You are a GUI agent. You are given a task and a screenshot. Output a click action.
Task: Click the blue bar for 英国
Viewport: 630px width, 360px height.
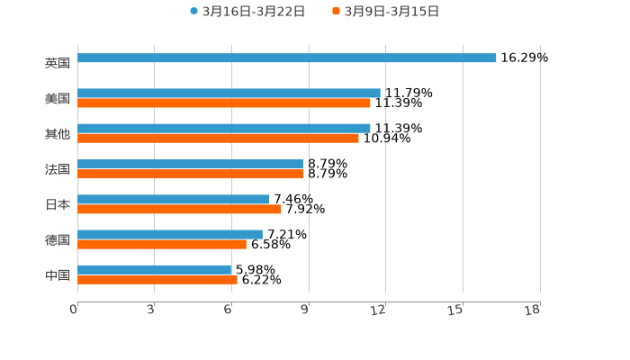[286, 58]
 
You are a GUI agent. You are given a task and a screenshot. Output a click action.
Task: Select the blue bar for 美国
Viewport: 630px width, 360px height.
[229, 94]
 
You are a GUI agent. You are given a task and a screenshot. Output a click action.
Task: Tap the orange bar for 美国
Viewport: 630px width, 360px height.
[224, 103]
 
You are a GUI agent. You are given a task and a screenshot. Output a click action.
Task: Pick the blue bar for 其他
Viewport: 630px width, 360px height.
[224, 129]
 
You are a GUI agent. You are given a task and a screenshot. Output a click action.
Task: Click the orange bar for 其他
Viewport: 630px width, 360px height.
[218, 139]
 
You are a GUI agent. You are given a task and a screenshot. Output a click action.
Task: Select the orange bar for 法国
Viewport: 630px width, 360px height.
[190, 174]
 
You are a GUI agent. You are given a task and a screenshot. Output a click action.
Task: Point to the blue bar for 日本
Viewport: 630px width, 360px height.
[174, 200]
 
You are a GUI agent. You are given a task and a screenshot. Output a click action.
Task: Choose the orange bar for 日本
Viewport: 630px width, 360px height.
[179, 210]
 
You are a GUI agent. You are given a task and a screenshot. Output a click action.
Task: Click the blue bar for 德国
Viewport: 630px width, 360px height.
[170, 235]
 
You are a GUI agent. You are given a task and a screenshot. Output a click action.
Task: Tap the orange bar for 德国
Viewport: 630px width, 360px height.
[162, 245]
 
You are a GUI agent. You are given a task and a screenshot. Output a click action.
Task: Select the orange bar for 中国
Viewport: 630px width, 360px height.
[157, 280]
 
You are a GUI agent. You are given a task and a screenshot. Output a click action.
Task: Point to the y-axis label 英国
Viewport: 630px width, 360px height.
[58, 63]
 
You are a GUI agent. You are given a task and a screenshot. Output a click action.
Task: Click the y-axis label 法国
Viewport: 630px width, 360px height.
[58, 169]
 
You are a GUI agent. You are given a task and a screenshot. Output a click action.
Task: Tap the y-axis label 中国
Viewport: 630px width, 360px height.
[58, 274]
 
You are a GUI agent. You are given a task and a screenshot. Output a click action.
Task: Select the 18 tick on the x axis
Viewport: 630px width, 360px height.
[532, 310]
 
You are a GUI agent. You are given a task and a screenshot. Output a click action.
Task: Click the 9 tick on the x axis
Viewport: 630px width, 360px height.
[305, 310]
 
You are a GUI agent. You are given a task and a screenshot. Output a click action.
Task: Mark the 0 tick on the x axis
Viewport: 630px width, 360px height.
[74, 310]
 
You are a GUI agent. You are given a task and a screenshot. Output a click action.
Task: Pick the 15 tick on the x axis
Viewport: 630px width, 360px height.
[455, 310]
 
